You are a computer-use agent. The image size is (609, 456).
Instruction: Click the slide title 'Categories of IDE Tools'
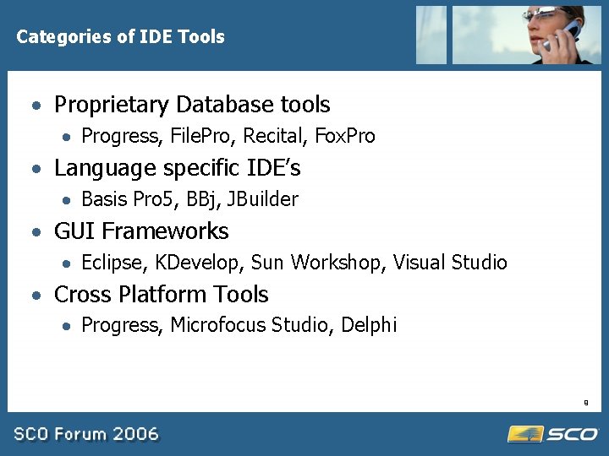click(x=120, y=37)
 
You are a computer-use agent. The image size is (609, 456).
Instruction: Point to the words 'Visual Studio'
click(x=450, y=263)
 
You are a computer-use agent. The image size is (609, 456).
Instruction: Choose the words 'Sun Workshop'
click(x=317, y=263)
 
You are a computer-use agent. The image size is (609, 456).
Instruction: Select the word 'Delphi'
click(x=369, y=325)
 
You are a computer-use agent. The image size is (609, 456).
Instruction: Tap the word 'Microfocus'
click(x=218, y=325)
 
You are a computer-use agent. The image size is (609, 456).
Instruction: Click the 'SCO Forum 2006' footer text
click(x=85, y=434)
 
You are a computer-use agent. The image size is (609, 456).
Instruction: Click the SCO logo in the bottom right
click(x=553, y=434)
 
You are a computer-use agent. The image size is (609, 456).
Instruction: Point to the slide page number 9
click(x=585, y=403)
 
